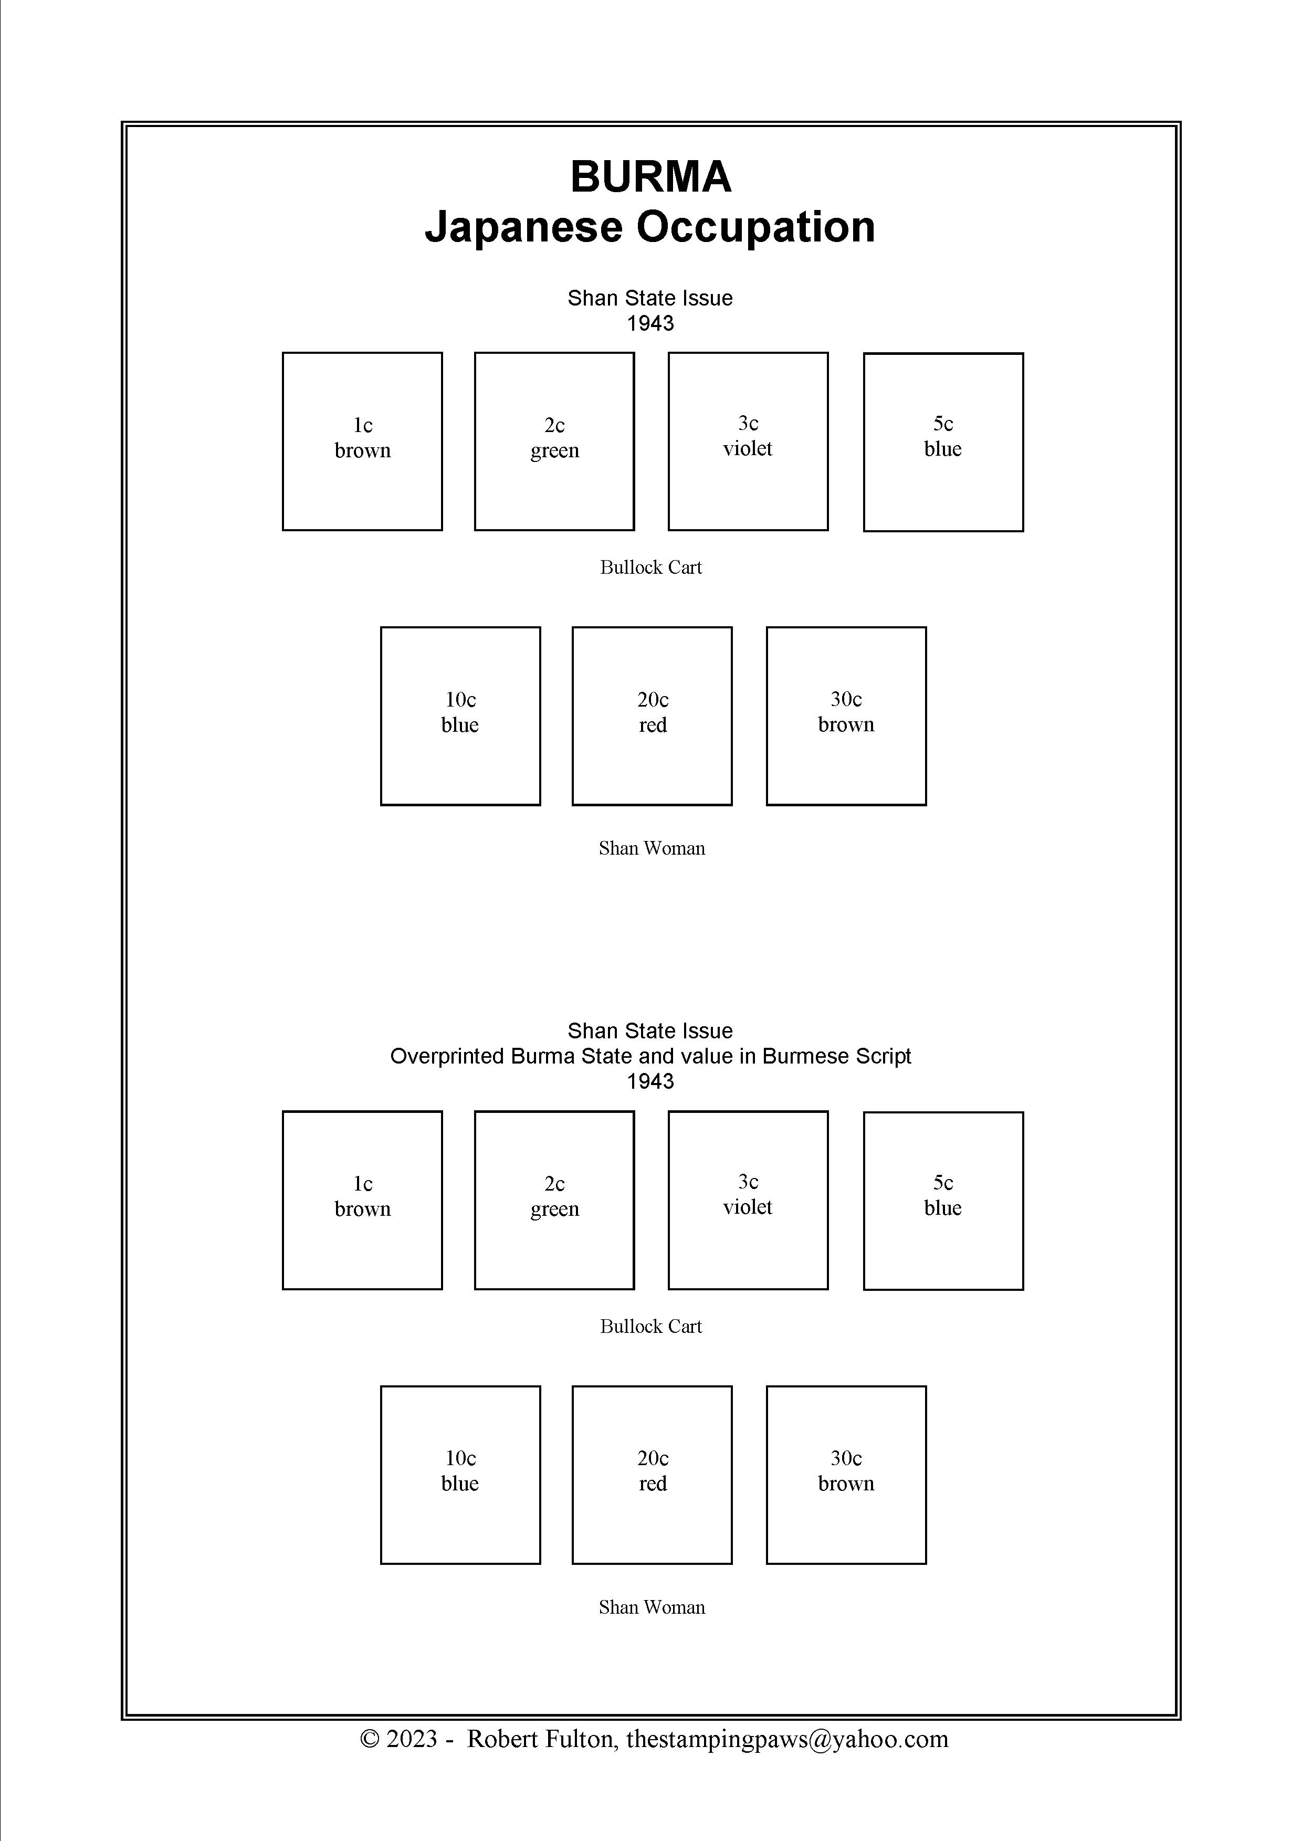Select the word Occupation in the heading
[x=755, y=228]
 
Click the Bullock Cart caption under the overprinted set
[x=651, y=1326]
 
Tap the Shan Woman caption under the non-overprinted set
[x=652, y=848]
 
